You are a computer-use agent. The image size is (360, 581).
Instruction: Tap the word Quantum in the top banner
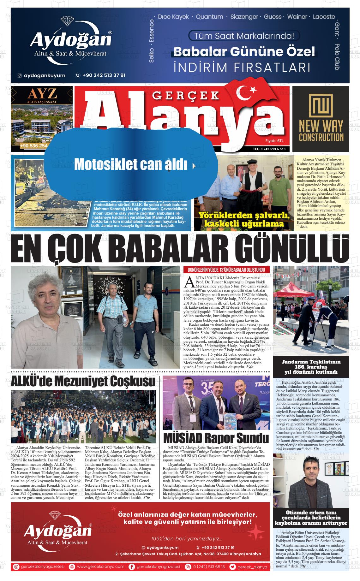[209, 17]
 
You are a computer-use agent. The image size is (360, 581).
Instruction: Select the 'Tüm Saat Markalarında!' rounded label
[244, 36]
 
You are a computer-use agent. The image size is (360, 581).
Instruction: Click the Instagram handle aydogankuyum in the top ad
[45, 75]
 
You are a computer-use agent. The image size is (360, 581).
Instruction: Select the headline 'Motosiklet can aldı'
[131, 164]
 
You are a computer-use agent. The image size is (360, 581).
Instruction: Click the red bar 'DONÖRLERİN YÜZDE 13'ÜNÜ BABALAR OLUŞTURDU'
[226, 270]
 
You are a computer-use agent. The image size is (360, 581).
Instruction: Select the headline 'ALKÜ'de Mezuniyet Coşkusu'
[83, 382]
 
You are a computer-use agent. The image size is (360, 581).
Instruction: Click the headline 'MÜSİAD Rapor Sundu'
[216, 438]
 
